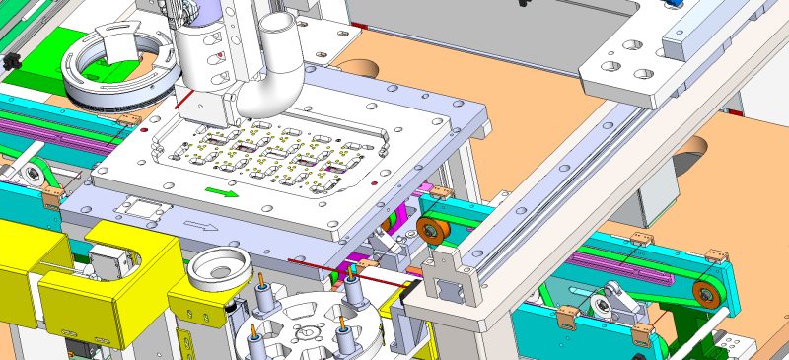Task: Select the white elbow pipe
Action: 267,83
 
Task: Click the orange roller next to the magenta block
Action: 430,231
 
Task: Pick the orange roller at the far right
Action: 704,292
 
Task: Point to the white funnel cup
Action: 218,267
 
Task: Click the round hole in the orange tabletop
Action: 362,67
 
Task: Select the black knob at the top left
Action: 12,62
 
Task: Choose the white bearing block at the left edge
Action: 29,173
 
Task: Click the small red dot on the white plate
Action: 144,129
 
